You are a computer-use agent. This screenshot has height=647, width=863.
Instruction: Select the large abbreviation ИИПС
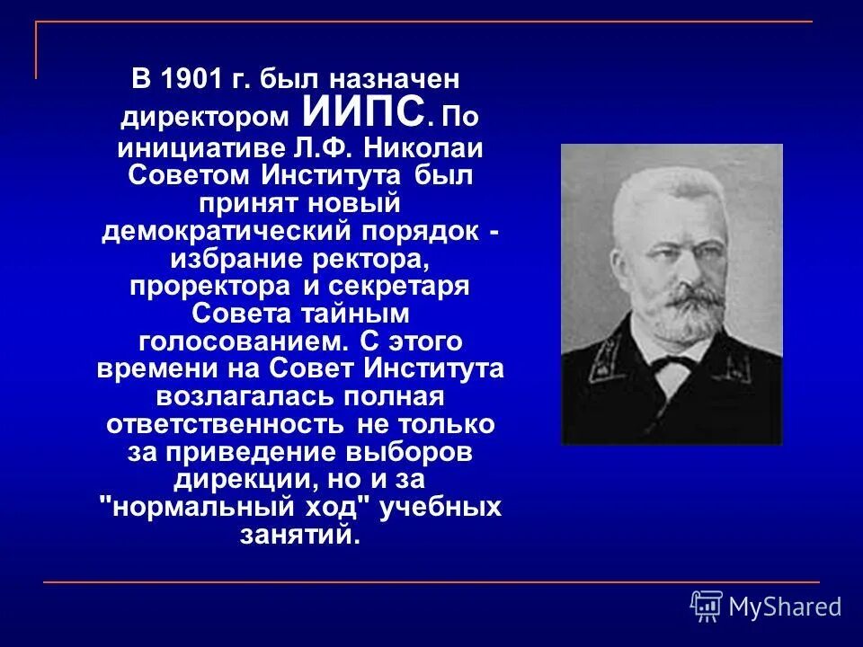click(364, 113)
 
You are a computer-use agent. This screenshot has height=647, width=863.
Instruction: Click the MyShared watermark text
click(785, 607)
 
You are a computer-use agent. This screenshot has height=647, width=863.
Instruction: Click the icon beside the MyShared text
click(707, 607)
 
